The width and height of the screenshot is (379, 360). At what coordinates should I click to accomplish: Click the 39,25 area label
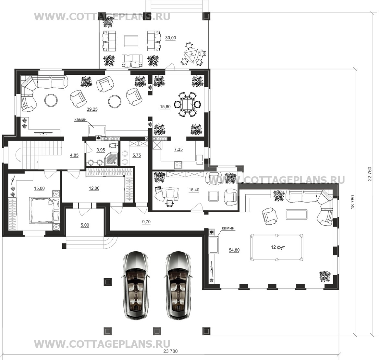point(92,109)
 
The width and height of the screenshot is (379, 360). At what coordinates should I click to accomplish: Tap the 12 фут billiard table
point(276,247)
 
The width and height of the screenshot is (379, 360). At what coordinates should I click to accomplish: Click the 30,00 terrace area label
point(171,38)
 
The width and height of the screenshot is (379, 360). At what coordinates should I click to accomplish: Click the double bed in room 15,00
point(44,210)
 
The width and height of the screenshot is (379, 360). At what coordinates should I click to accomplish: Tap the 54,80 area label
point(234,250)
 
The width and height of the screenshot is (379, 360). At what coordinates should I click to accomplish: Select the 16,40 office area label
point(194,190)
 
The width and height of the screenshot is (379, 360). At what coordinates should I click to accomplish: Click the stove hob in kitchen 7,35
point(178,165)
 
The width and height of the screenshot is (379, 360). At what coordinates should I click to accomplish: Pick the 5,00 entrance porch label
point(85,225)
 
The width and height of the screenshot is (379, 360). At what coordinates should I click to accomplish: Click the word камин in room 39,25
point(80,119)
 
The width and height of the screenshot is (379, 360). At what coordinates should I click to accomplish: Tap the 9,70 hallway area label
point(146,222)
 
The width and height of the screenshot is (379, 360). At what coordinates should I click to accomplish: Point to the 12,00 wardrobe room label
point(94,188)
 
